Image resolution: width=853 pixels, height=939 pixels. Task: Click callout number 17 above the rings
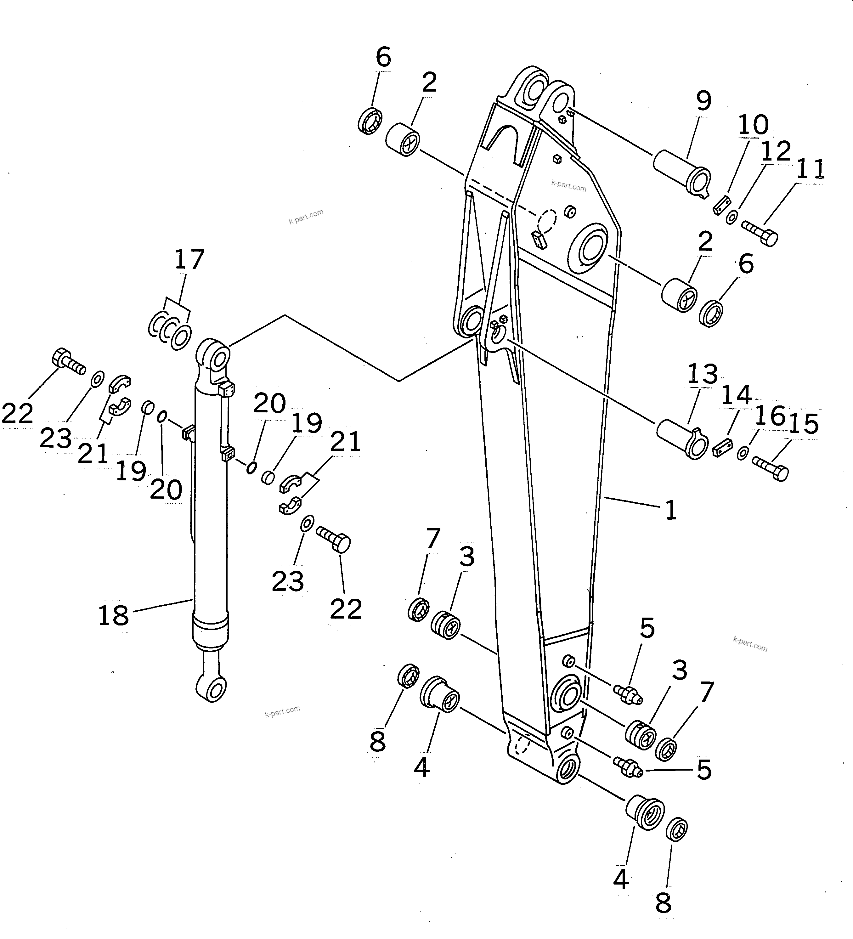click(x=189, y=260)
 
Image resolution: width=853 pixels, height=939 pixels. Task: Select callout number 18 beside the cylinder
click(x=113, y=615)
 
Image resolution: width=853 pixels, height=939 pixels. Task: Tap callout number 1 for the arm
click(x=671, y=511)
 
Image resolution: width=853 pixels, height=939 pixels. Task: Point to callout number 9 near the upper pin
click(x=703, y=101)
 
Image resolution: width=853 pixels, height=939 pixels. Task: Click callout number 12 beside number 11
click(x=776, y=150)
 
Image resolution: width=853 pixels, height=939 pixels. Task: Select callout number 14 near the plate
click(x=737, y=395)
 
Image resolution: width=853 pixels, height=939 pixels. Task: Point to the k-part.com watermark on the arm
click(x=568, y=185)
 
